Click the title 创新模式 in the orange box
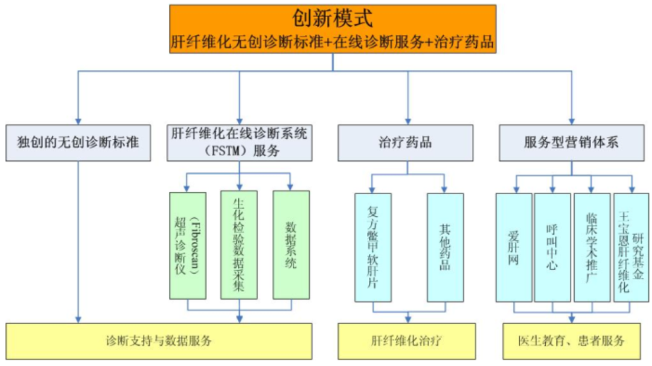pyautogui.click(x=332, y=18)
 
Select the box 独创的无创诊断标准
pyautogui.click(x=78, y=143)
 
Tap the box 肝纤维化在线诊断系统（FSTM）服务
pyautogui.click(x=240, y=143)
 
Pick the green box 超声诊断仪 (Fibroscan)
pyautogui.click(x=188, y=245)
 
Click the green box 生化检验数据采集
pyautogui.click(x=239, y=245)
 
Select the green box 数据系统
pyautogui.click(x=291, y=245)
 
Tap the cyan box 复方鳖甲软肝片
pyautogui.click(x=372, y=247)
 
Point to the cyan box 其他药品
pyautogui.click(x=445, y=247)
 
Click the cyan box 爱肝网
pyautogui.click(x=514, y=247)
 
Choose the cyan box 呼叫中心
pyautogui.click(x=552, y=247)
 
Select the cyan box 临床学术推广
pyautogui.click(x=592, y=247)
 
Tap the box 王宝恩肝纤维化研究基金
pyautogui.click(x=631, y=247)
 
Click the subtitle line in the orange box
pyautogui.click(x=333, y=43)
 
